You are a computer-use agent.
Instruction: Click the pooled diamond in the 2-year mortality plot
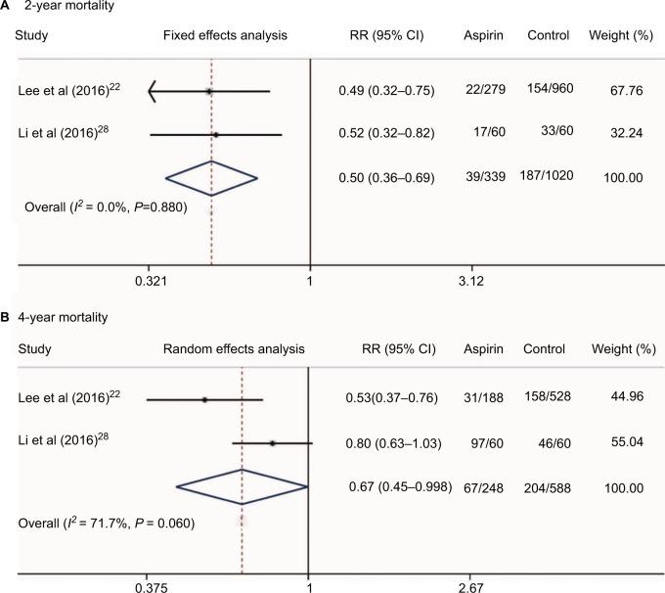point(211,178)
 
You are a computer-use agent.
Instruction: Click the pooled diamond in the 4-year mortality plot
point(242,487)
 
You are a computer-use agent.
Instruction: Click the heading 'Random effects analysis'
point(234,348)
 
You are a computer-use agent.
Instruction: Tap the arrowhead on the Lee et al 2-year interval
point(153,92)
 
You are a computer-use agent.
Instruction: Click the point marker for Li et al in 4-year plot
point(272,443)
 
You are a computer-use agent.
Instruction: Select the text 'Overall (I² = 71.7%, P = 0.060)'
point(107,525)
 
